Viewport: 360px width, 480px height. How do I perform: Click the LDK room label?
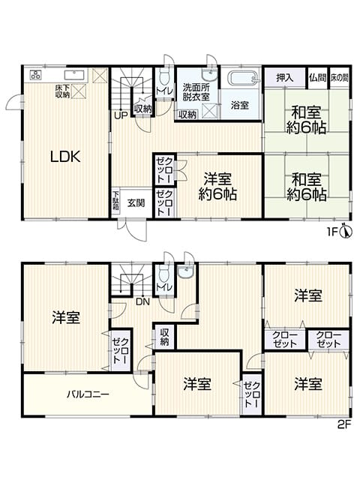click(x=65, y=157)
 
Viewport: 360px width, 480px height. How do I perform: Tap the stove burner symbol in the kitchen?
click(x=35, y=74)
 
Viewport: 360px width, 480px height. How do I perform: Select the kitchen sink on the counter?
click(x=73, y=75)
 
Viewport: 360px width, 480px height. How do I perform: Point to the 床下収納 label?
click(x=62, y=91)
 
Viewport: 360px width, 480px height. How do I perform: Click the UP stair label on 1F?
click(x=121, y=115)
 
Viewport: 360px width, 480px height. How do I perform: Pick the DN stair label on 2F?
click(x=142, y=302)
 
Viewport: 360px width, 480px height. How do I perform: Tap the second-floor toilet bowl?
click(x=164, y=275)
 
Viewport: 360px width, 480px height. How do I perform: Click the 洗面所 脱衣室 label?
click(x=196, y=91)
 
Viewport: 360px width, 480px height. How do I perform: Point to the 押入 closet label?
click(x=285, y=78)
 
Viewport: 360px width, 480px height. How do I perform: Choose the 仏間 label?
click(x=317, y=78)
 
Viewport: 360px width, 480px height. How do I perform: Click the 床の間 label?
click(x=339, y=78)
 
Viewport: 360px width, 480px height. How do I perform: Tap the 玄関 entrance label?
click(x=136, y=203)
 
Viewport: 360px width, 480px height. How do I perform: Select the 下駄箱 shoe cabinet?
click(x=115, y=201)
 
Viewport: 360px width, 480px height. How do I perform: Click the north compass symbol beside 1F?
click(x=346, y=232)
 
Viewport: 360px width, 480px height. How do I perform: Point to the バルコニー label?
click(x=88, y=394)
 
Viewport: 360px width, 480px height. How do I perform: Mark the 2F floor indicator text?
click(x=343, y=425)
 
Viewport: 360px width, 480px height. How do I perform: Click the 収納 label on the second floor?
click(x=164, y=337)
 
